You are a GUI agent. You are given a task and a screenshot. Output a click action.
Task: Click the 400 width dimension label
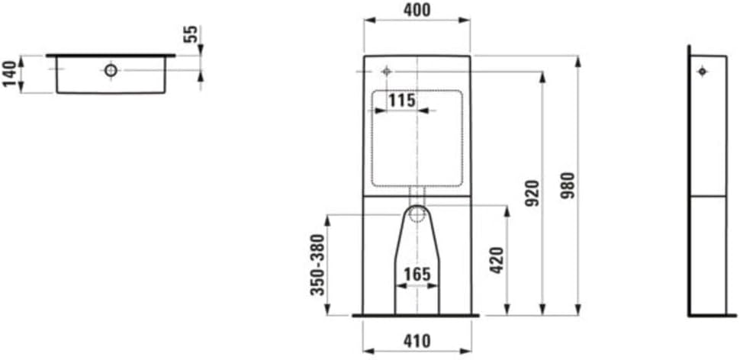[417, 10]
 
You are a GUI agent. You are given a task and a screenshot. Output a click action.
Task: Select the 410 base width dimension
[417, 341]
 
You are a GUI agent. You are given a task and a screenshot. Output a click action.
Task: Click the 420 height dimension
[497, 261]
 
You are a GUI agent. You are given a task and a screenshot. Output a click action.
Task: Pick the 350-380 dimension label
[319, 264]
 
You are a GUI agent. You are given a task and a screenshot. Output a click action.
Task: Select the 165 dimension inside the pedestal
[417, 274]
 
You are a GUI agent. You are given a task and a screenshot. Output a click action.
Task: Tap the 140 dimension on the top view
[10, 74]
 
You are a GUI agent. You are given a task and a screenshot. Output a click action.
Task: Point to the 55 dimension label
[191, 34]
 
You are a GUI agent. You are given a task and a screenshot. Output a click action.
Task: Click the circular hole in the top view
[111, 71]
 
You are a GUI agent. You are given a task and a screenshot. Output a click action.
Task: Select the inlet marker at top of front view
[386, 71]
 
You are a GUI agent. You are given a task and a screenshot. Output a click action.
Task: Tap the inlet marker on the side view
[703, 72]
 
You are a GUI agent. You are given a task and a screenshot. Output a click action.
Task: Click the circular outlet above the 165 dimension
[417, 214]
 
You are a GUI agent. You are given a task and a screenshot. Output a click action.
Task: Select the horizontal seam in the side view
[707, 196]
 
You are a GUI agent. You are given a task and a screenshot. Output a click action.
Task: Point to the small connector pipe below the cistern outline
[417, 191]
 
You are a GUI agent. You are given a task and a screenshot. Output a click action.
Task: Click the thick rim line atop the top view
[111, 56]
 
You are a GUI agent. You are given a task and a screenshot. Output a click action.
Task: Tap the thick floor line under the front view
[417, 314]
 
